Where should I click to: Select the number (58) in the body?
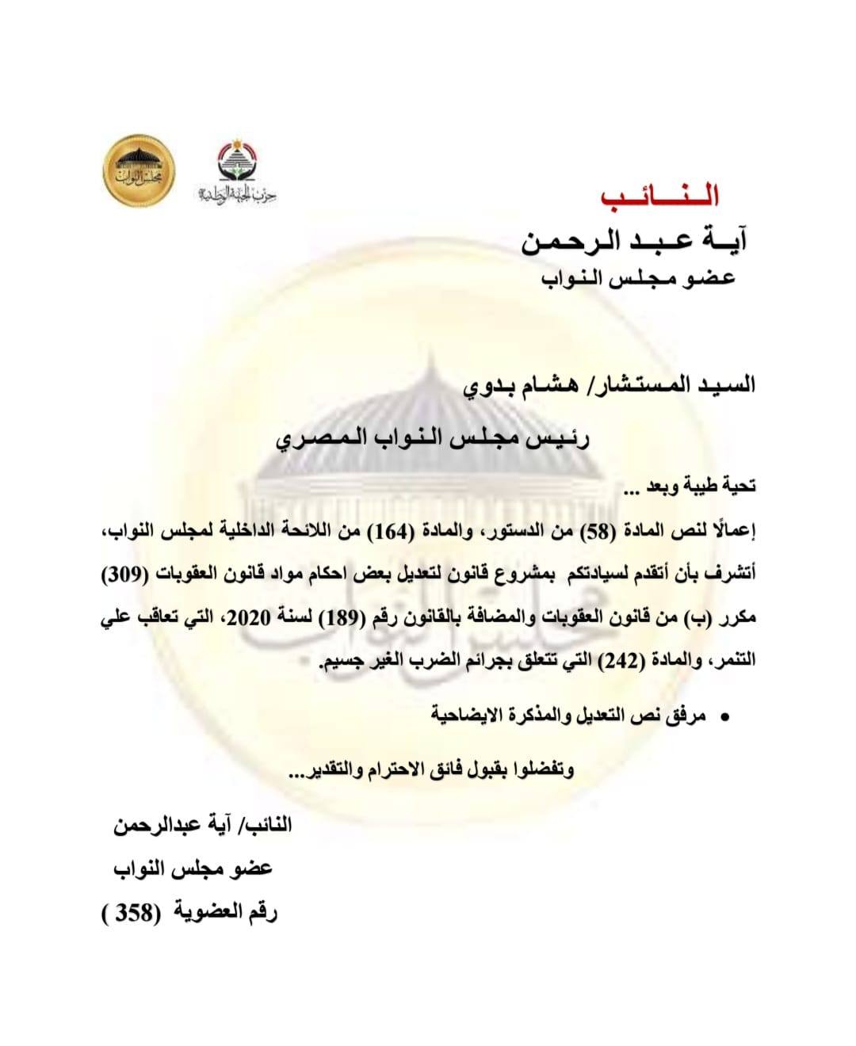click(610, 533)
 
